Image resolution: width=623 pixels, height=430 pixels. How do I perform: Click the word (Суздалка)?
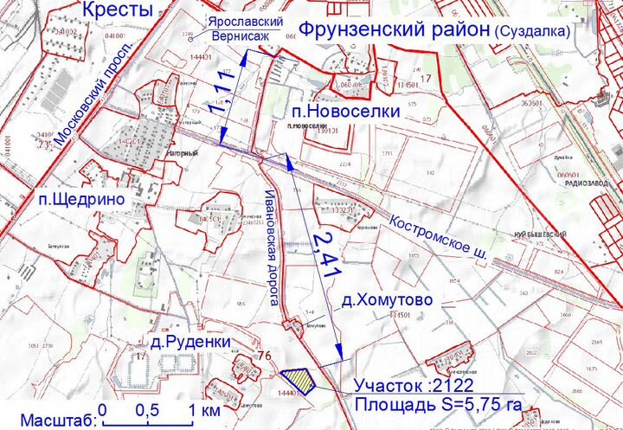[x=533, y=31]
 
